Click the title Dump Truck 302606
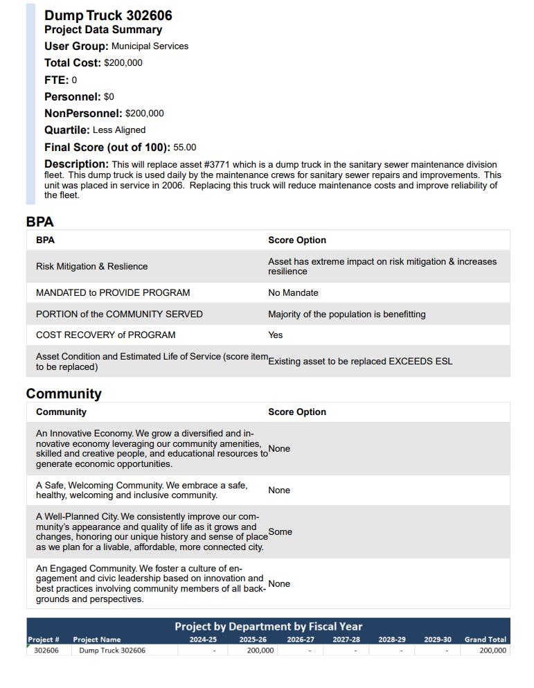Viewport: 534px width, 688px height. tap(108, 15)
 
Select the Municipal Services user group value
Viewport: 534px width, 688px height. tap(150, 46)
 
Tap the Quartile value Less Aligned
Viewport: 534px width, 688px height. tap(119, 130)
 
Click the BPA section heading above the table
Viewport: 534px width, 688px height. tap(39, 222)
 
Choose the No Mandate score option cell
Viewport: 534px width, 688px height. tap(293, 293)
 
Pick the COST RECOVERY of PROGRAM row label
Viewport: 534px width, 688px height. tap(105, 335)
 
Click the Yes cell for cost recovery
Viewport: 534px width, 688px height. tap(276, 335)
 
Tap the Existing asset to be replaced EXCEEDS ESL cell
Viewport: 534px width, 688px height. tap(360, 361)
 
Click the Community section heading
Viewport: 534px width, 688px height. tap(64, 394)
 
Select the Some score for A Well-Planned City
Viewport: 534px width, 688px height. tap(280, 531)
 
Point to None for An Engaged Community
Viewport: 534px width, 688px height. tap(279, 583)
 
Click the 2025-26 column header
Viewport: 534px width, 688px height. tap(253, 640)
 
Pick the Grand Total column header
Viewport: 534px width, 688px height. tap(485, 640)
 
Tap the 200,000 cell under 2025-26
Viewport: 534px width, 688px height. tap(260, 651)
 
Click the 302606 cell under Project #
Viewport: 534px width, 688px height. tap(46, 651)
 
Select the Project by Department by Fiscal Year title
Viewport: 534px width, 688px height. tap(268, 626)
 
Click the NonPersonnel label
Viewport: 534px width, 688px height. tap(83, 114)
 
